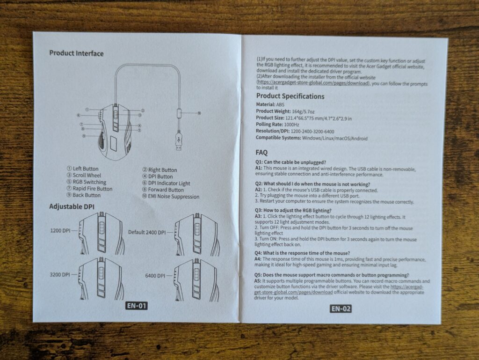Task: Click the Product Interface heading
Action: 76,53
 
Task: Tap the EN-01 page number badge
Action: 137,306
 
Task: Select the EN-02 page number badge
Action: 341,309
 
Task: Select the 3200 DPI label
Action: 60,274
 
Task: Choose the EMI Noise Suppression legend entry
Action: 171,197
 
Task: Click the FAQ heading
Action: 261,153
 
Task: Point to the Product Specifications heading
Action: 290,96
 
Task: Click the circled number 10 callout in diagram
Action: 199,113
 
